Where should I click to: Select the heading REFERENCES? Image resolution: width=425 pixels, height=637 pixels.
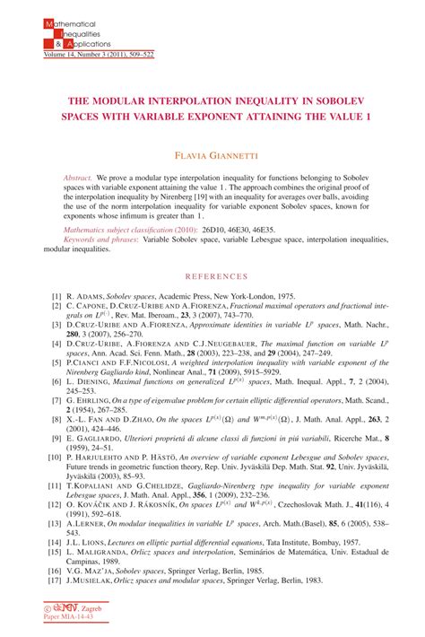(212, 276)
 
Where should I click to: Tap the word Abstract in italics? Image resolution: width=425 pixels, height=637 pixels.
(77, 179)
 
